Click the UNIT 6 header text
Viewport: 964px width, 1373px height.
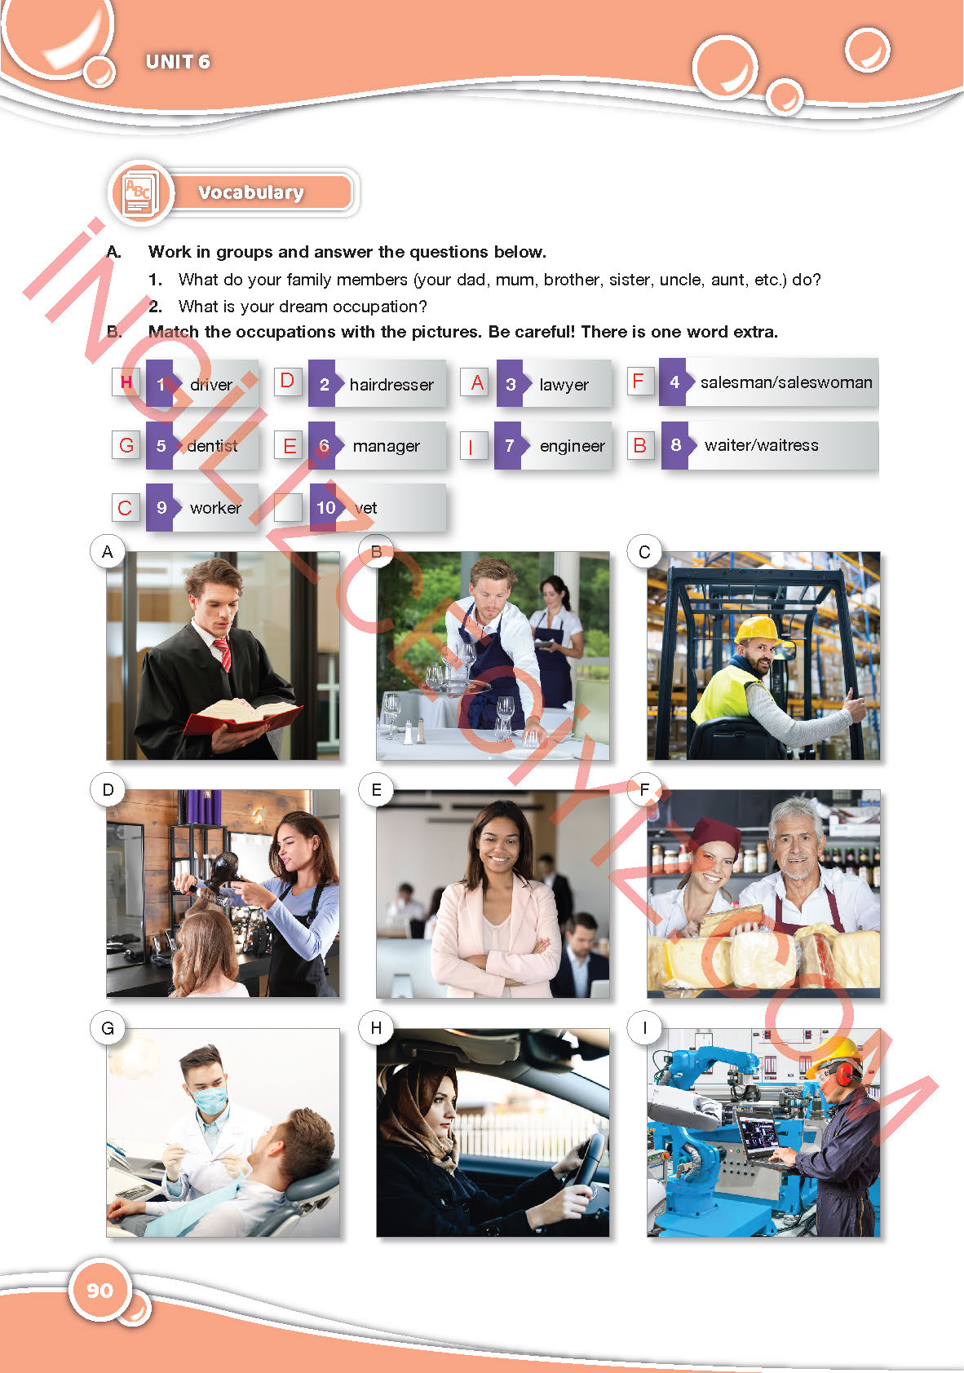tap(178, 62)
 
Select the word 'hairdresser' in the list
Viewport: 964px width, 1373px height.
tap(391, 385)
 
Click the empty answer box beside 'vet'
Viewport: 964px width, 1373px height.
tap(288, 507)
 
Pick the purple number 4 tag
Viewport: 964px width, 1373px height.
tap(674, 382)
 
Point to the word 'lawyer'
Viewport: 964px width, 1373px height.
tap(564, 385)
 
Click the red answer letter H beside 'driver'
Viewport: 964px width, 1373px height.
tap(126, 382)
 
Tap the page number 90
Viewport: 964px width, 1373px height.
tap(99, 1291)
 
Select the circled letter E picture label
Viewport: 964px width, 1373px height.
tap(376, 789)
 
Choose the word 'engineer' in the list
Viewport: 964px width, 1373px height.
tap(573, 446)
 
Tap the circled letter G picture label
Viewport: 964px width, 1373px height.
tap(108, 1028)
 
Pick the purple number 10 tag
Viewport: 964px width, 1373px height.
tap(325, 507)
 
